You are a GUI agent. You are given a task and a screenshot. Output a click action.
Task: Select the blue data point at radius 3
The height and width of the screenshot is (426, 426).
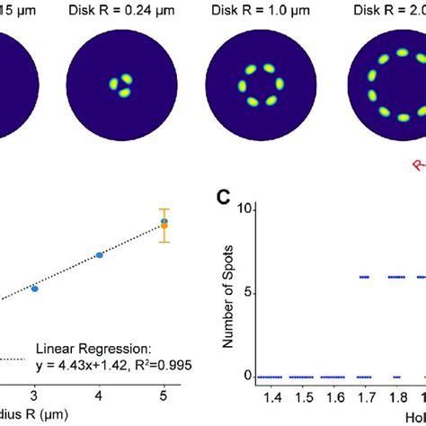34,288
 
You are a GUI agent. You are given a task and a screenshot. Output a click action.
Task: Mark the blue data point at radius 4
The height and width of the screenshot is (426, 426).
99,255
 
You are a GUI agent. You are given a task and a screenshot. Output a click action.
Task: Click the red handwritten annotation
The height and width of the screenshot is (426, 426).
419,164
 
